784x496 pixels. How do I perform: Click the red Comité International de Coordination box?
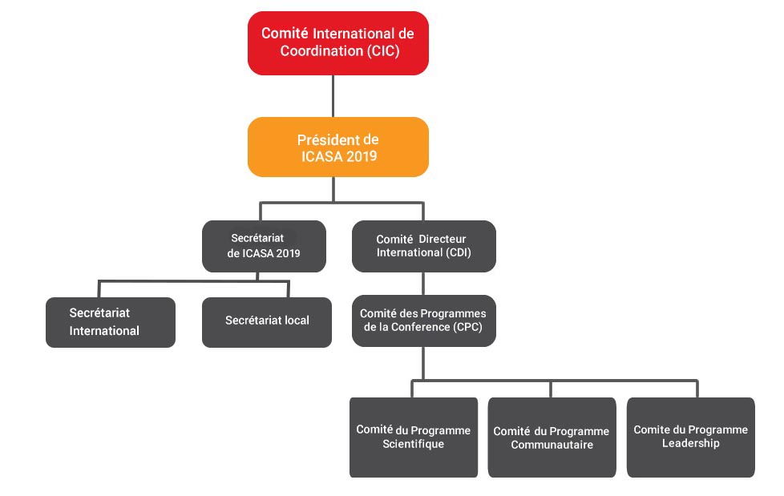point(338,43)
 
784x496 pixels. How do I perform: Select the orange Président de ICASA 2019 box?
point(338,147)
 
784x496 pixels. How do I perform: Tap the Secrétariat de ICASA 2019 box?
point(264,246)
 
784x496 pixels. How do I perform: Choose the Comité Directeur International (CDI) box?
point(424,246)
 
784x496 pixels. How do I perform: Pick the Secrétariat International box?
point(111,322)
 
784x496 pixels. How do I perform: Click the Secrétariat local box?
point(267,322)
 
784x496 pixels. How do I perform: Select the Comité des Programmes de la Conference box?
point(424,321)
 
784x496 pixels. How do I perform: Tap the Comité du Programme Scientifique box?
point(414,438)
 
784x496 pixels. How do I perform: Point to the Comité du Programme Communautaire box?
point(552,438)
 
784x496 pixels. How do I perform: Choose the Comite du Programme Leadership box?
point(691,438)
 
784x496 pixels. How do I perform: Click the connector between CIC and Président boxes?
point(333,96)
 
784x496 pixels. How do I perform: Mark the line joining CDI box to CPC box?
point(423,284)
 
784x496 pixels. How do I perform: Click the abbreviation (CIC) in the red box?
point(383,51)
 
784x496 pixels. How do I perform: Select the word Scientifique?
point(414,444)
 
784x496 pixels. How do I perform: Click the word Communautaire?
point(552,445)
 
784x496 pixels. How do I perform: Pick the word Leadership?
point(691,443)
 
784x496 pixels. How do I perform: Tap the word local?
point(297,320)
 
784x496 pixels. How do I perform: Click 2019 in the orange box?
point(362,156)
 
